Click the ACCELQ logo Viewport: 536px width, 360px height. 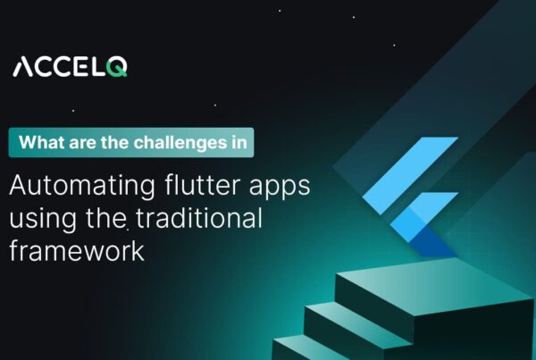click(x=69, y=66)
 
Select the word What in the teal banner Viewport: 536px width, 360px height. click(x=40, y=142)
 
